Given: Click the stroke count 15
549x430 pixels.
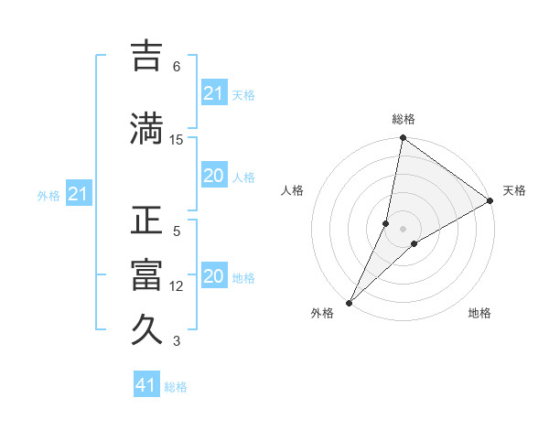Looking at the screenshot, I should coord(177,139).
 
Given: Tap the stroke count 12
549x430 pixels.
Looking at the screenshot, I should coord(177,286).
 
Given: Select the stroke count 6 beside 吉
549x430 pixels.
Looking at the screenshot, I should coord(177,67).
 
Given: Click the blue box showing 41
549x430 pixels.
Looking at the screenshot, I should coord(146,385).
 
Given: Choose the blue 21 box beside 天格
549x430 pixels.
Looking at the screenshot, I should coord(214,93).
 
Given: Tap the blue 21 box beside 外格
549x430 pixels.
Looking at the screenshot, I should coord(78,194).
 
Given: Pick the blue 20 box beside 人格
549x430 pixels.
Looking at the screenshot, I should coord(214,177).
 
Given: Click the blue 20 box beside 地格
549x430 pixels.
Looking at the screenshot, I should coord(214,277).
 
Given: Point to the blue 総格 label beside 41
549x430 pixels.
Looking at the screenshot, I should coord(176,387).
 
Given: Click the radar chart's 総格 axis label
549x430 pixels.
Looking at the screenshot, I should coord(403,119).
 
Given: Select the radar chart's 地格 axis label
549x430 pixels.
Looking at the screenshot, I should coord(479,313).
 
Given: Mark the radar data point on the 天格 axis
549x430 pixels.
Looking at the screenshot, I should coord(490,201).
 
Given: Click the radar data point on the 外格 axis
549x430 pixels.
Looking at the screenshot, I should coord(349,302).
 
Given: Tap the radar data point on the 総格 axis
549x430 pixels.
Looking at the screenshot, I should coord(403,139).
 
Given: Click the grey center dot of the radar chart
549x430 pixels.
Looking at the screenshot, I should coord(403,228).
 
